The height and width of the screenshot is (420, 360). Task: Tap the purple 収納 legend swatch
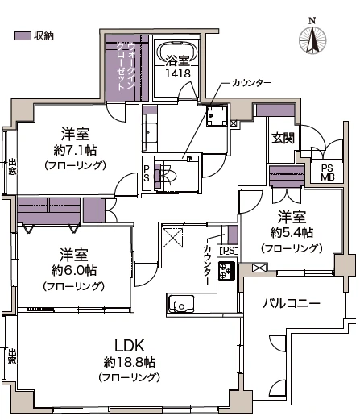[23, 36]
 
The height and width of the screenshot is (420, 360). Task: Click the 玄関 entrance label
[283, 137]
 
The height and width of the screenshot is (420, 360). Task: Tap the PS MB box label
[327, 173]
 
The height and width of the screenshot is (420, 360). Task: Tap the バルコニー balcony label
[292, 303]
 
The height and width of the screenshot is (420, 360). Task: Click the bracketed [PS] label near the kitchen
[228, 250]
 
